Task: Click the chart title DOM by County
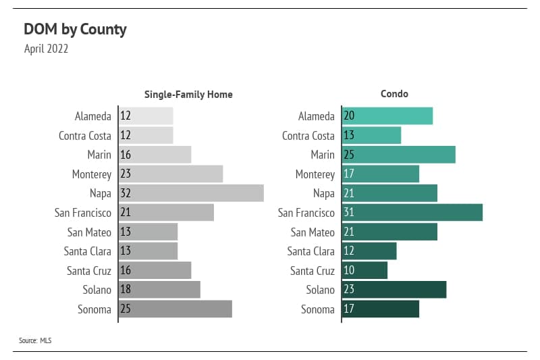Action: (75, 30)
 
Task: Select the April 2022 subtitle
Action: (46, 49)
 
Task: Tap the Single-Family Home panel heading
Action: (188, 95)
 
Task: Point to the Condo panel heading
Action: (394, 94)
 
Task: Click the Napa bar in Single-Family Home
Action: (191, 193)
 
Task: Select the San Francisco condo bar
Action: (412, 213)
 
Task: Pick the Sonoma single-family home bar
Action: (175, 309)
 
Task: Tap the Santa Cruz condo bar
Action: (365, 270)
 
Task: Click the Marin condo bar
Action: (399, 155)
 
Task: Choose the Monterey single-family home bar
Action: (171, 174)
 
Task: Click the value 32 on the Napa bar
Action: (126, 193)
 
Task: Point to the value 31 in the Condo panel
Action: (349, 213)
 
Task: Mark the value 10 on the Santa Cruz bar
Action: (349, 270)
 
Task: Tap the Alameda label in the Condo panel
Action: (316, 116)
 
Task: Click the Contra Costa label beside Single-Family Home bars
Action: (85, 136)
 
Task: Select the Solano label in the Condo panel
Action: (320, 290)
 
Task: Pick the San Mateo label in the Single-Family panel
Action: (89, 232)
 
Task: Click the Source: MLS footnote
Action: (35, 340)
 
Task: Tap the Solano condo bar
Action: (394, 290)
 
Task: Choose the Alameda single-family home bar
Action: (146, 116)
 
